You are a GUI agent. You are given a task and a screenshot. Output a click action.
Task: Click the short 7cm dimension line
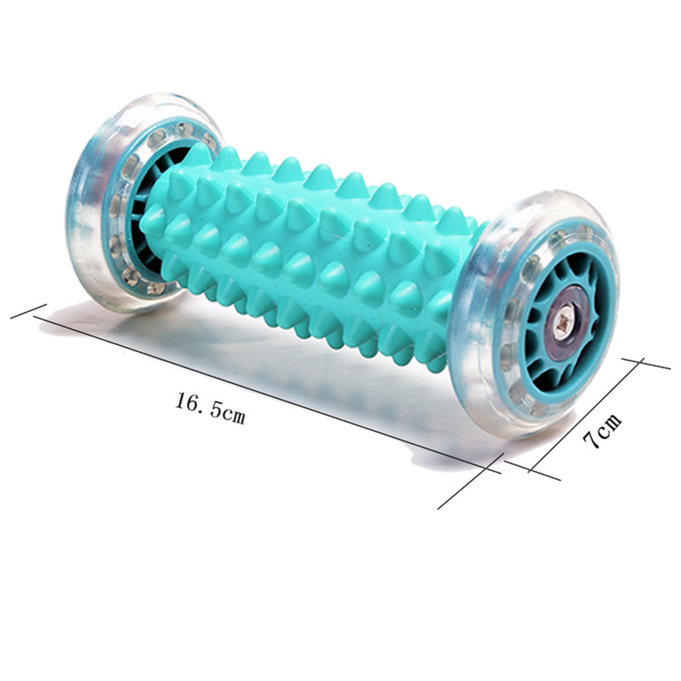(584, 416)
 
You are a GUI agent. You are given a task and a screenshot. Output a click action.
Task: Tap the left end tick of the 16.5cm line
(28, 311)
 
